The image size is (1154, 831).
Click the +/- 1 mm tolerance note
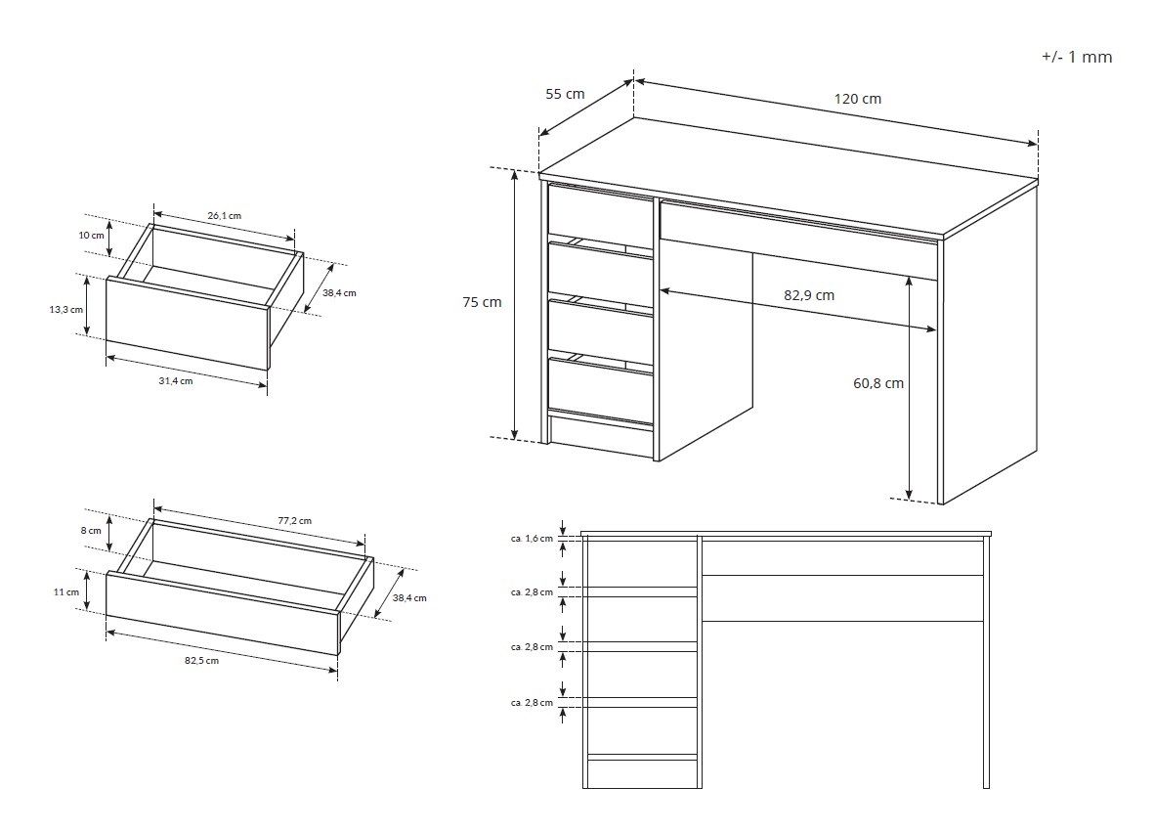(1077, 57)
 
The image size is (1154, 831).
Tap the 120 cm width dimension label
(857, 99)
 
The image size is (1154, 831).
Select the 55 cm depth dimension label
(565, 94)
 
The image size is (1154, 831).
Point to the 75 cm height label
(482, 302)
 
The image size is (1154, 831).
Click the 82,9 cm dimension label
(809, 295)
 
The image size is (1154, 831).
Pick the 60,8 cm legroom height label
(878, 382)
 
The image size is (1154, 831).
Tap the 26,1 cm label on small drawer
(225, 216)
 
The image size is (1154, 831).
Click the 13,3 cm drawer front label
(66, 309)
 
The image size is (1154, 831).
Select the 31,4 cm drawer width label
(176, 380)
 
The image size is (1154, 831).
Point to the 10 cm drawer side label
(92, 235)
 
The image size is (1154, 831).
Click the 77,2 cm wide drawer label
(294, 520)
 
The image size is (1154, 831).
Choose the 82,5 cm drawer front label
(201, 660)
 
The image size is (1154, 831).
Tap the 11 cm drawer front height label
(66, 591)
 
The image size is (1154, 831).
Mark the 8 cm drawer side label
(91, 530)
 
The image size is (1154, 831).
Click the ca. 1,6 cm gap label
(532, 538)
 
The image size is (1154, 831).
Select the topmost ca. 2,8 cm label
(532, 591)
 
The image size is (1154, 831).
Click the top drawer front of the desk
(601, 211)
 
